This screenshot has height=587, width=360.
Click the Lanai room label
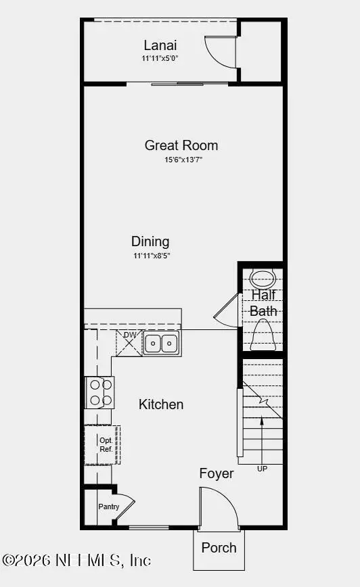point(161,45)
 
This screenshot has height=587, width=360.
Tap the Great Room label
point(181,145)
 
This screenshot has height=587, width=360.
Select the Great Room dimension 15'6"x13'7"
point(181,160)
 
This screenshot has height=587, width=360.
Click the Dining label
point(150,241)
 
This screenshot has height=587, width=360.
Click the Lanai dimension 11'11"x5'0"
point(161,59)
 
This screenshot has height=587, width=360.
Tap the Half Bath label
point(263,303)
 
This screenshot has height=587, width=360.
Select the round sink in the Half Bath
point(263,278)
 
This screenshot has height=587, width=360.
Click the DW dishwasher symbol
point(129,343)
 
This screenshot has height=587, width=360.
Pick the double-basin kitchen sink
point(161,344)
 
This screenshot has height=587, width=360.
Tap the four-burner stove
point(99,392)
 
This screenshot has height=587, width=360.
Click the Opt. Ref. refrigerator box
point(102,444)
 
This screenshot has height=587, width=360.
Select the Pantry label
point(108,507)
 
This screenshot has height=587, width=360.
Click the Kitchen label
point(161,404)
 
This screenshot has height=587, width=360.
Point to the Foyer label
point(217,473)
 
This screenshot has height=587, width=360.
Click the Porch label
point(219,548)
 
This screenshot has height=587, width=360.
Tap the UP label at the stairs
point(262,468)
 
